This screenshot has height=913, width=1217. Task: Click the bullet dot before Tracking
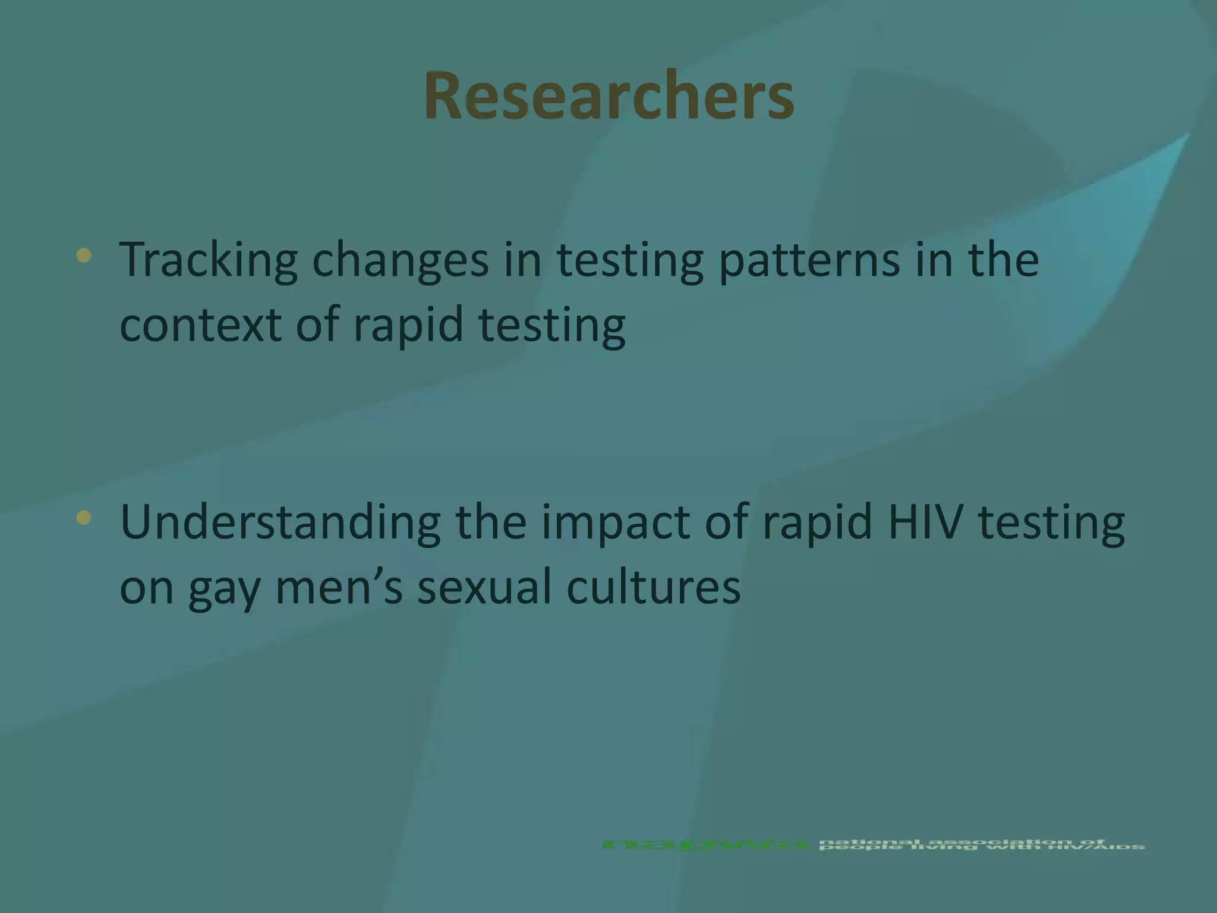[84, 256]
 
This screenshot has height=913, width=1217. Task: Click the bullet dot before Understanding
[84, 518]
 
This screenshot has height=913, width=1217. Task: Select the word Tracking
[208, 260]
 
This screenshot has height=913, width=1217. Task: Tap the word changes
[400, 260]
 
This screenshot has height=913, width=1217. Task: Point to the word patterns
[809, 260]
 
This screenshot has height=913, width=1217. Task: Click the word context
[201, 325]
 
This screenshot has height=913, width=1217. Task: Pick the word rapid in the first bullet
[408, 325]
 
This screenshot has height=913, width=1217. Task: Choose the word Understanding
[280, 522]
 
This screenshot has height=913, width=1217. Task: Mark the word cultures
[653, 587]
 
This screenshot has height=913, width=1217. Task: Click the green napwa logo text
[705, 845]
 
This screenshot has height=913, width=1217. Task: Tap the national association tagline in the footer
[980, 845]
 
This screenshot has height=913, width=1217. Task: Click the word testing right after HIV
[1051, 522]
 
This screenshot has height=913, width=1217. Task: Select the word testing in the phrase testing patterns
[630, 260]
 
